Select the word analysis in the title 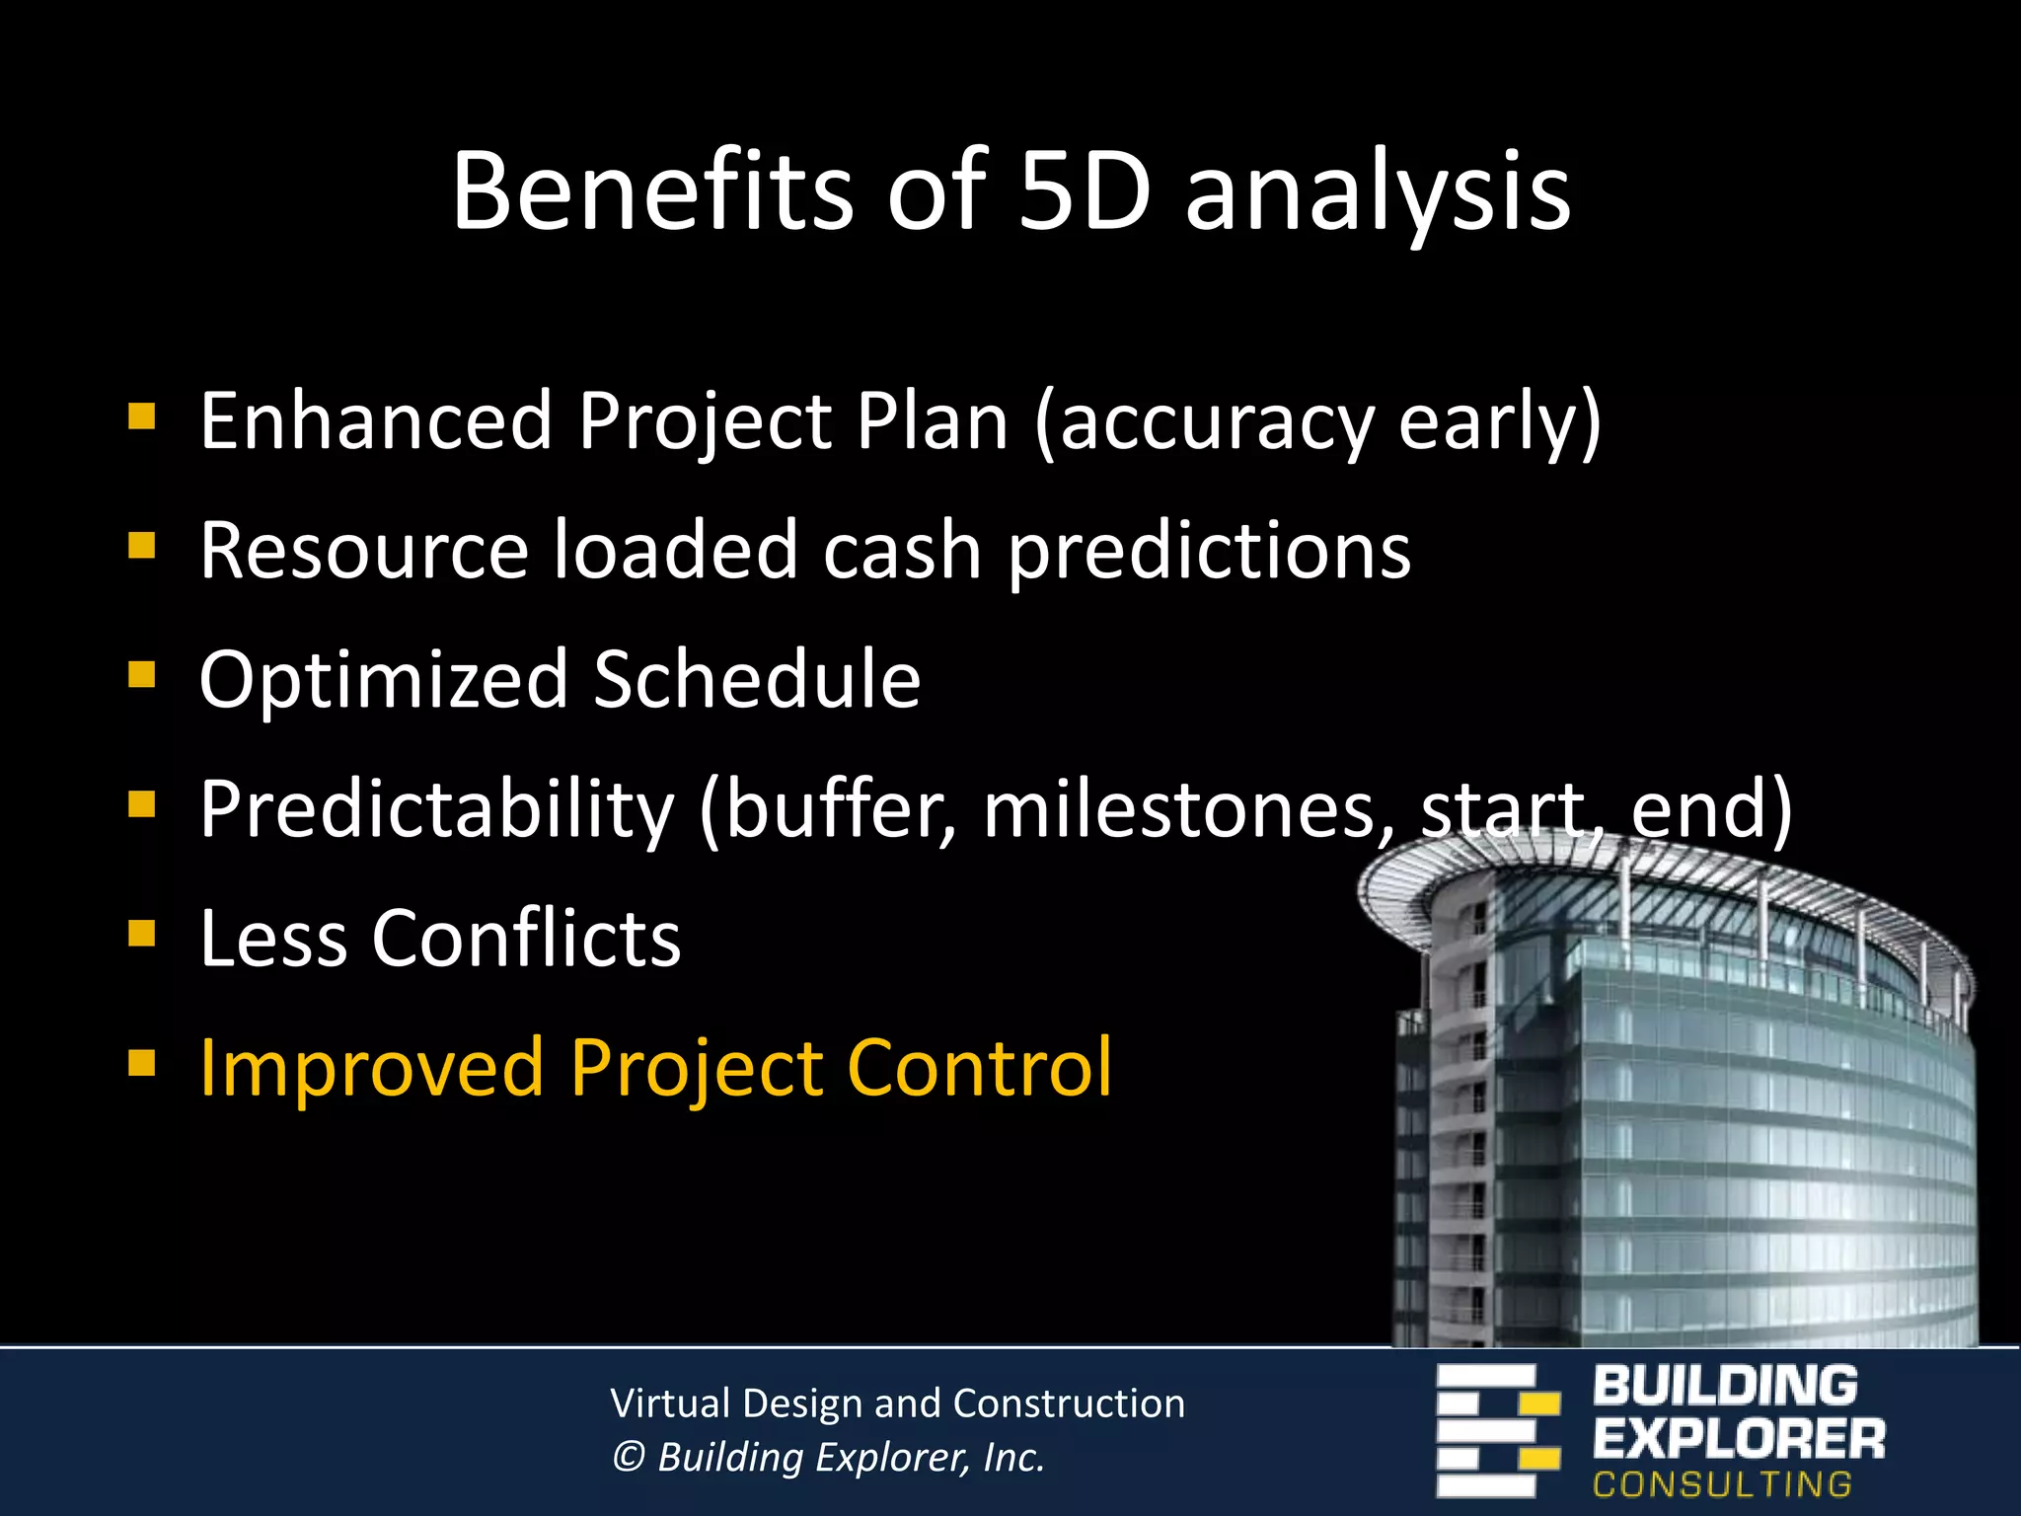[x=1377, y=192]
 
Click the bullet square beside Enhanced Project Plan [x=142, y=417]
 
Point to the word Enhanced [x=375, y=421]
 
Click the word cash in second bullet [x=901, y=550]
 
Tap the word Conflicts [x=526, y=938]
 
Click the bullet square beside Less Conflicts [x=142, y=934]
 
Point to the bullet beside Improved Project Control [x=142, y=1063]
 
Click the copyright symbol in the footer [x=628, y=1457]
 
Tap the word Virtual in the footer [x=670, y=1403]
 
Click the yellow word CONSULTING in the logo [x=1722, y=1483]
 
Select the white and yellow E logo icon [x=1497, y=1430]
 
